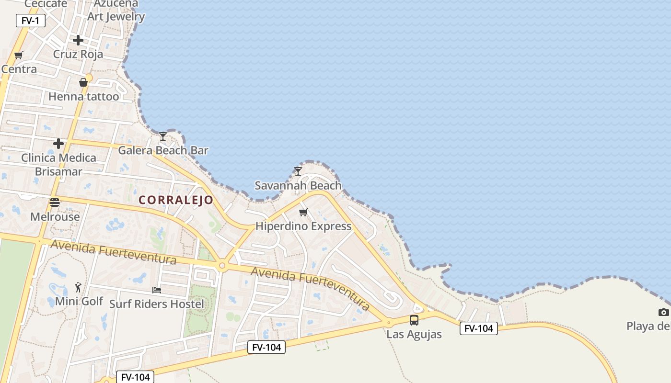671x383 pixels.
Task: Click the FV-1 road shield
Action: click(x=31, y=21)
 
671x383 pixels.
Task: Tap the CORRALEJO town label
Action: click(x=176, y=200)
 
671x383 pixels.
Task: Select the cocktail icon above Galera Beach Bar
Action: click(x=163, y=136)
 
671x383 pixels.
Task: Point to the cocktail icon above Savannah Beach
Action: click(x=298, y=171)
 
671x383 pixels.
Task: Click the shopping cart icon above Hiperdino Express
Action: click(x=303, y=212)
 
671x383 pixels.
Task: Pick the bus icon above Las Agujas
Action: click(x=414, y=320)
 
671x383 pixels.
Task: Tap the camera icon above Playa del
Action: click(x=663, y=312)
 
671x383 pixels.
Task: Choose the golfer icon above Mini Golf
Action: click(x=79, y=287)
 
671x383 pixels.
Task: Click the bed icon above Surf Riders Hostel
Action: click(x=157, y=290)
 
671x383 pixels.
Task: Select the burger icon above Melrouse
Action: click(x=55, y=203)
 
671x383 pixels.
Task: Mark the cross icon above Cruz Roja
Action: click(x=78, y=40)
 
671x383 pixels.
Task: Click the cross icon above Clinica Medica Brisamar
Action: click(x=58, y=144)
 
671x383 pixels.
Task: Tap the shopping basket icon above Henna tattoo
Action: click(x=83, y=82)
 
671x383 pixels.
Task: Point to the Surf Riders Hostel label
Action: click(x=157, y=304)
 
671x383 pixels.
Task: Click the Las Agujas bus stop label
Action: click(x=414, y=334)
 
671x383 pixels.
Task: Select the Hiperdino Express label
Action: click(x=303, y=226)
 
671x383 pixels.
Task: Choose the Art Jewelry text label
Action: click(x=116, y=17)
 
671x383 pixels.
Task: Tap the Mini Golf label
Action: click(x=79, y=301)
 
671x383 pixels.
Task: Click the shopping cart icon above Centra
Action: click(x=19, y=55)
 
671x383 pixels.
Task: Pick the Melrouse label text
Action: click(x=55, y=217)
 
